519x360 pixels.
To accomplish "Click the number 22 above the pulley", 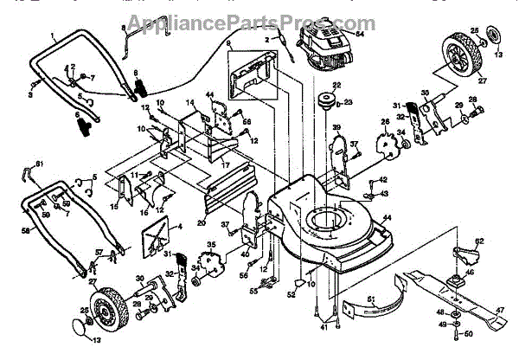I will click(337, 84).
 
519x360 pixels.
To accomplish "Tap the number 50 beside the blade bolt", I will click(469, 333).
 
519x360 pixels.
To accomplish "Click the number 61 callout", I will click(38, 163).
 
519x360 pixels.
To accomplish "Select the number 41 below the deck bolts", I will click(324, 327).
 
